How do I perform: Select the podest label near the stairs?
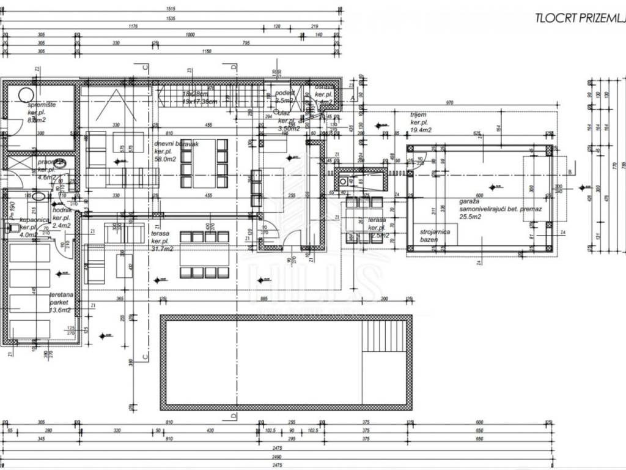click(x=285, y=96)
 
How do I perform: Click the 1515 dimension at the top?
click(x=171, y=9)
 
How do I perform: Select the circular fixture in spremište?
click(x=26, y=95)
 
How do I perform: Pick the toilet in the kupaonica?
click(x=11, y=229)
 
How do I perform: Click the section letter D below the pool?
click(x=234, y=416)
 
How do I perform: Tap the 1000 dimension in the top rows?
click(x=190, y=35)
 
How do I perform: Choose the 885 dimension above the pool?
click(x=265, y=298)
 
